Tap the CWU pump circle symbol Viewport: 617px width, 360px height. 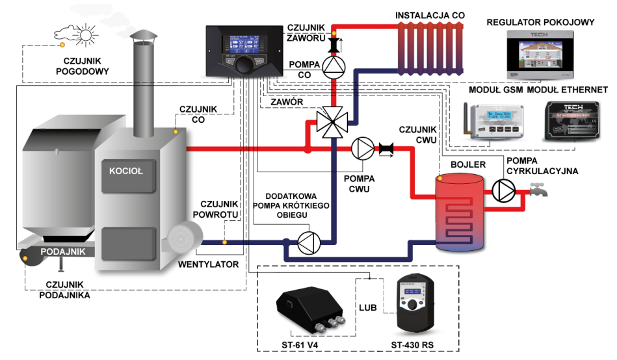click(x=361, y=149)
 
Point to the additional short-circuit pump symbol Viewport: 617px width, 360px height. click(x=308, y=242)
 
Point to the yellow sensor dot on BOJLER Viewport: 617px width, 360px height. click(x=440, y=177)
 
